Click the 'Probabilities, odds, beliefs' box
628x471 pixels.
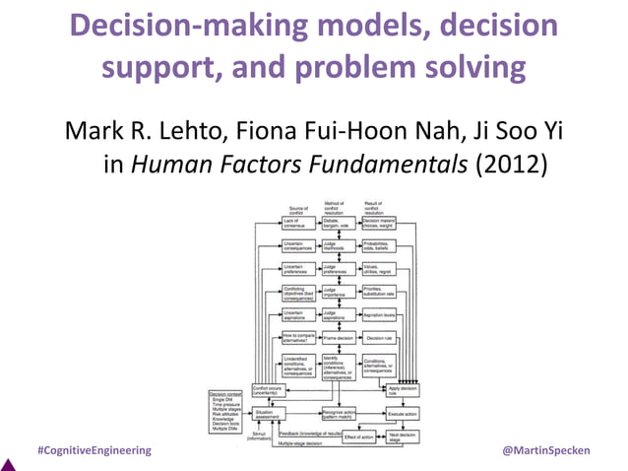click(x=380, y=246)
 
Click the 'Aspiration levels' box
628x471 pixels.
click(x=380, y=314)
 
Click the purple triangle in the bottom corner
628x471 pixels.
click(x=7, y=463)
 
